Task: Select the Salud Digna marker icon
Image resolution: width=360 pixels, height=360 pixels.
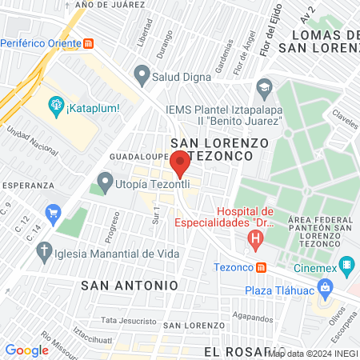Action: point(142,77)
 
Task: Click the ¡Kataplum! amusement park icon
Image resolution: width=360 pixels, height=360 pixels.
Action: point(55,104)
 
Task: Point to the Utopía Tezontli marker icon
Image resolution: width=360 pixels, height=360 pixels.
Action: point(105,183)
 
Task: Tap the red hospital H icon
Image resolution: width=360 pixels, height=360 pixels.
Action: point(255,238)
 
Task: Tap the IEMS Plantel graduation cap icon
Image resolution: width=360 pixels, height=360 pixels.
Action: point(263,86)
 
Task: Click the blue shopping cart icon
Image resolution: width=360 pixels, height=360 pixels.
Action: point(54,213)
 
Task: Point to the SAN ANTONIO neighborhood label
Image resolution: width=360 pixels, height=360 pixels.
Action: point(128,285)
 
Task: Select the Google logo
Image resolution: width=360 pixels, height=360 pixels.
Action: point(26,350)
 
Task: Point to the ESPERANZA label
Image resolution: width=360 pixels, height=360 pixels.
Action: point(27,185)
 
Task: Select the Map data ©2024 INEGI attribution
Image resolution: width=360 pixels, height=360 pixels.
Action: point(313,353)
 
